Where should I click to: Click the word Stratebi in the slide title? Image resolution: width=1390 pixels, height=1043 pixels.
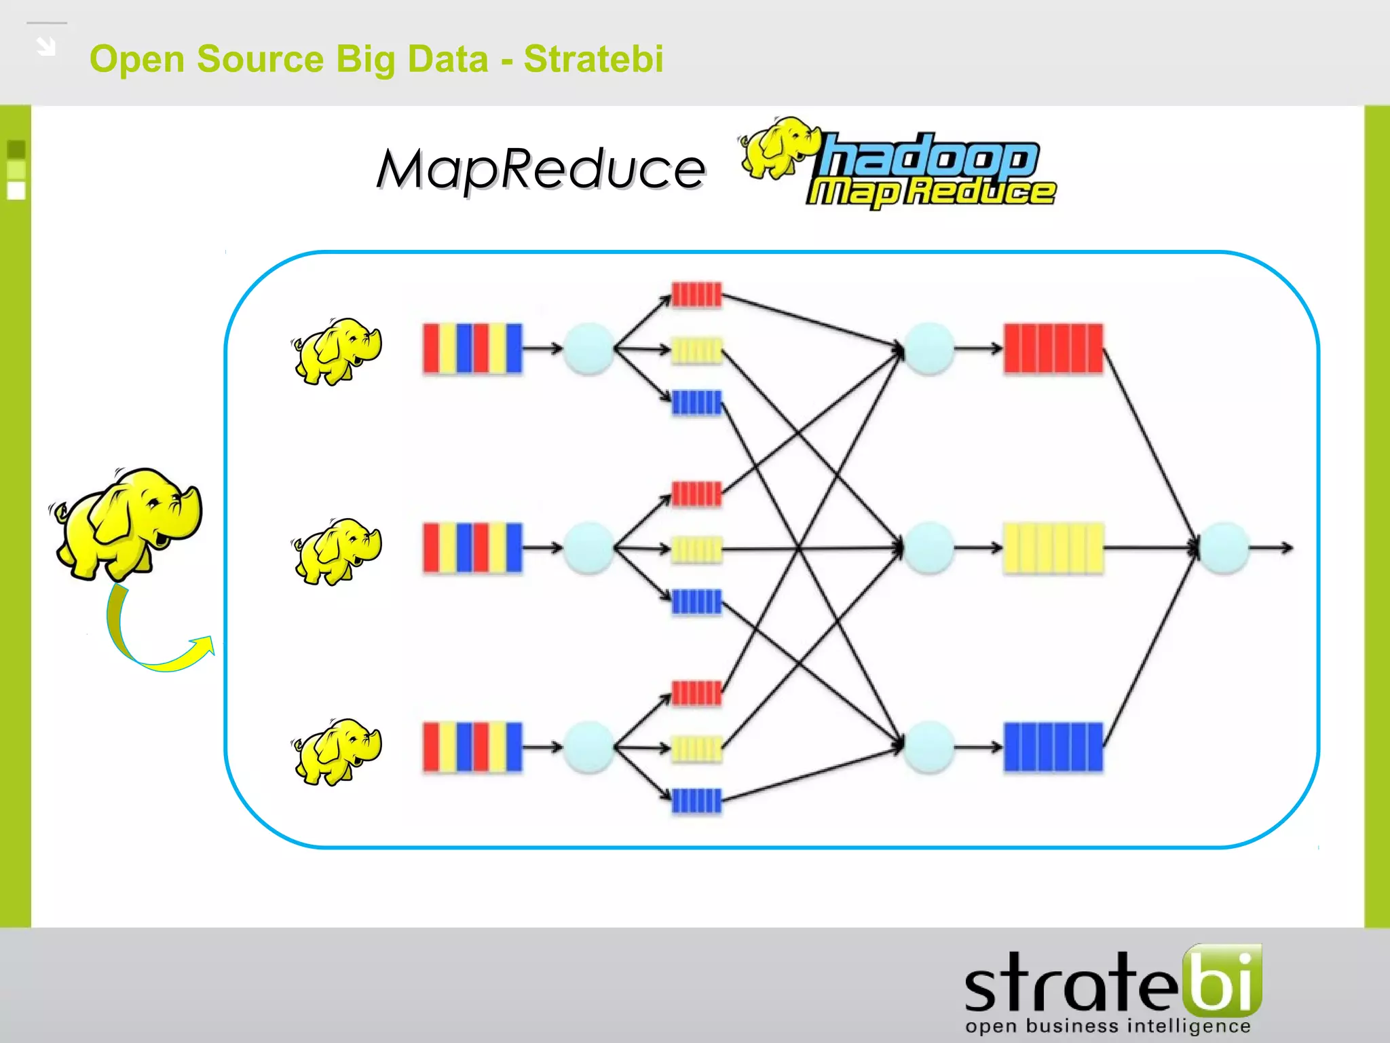(x=593, y=59)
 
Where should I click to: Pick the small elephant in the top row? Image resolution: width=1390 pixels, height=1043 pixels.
(x=337, y=350)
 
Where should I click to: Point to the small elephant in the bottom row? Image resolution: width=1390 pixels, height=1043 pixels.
(x=337, y=751)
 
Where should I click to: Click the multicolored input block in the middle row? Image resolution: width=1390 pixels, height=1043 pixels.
(x=472, y=547)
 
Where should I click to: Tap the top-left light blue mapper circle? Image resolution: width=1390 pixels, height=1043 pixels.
(x=588, y=349)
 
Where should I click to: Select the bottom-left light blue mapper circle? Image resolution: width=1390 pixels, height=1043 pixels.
(x=588, y=747)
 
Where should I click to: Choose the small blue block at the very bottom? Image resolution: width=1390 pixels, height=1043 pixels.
(x=696, y=801)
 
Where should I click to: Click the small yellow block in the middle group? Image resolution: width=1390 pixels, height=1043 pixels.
(x=696, y=549)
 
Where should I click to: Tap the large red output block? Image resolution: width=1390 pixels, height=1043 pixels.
(x=1053, y=349)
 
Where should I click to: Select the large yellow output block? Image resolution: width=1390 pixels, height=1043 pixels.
(x=1053, y=548)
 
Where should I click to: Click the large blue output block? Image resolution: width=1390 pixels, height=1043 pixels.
(x=1053, y=747)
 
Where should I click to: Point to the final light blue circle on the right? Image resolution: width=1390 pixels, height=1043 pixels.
(x=1224, y=548)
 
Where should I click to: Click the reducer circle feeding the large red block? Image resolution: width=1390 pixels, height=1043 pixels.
(x=929, y=349)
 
